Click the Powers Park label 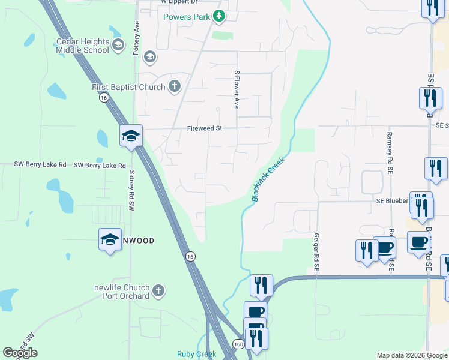click(x=187, y=17)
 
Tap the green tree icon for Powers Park click(x=219, y=17)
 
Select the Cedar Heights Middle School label click(x=83, y=46)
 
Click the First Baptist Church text click(x=128, y=88)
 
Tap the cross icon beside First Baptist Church click(x=174, y=87)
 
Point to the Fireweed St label click(x=205, y=128)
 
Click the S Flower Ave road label click(x=237, y=89)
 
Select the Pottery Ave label click(x=137, y=39)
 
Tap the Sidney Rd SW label click(x=131, y=188)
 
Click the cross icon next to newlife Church click(x=158, y=292)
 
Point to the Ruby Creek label click(x=196, y=354)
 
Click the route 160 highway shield click(x=238, y=344)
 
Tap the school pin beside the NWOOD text click(x=110, y=239)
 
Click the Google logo click(x=20, y=353)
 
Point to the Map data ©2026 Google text click(x=412, y=355)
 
